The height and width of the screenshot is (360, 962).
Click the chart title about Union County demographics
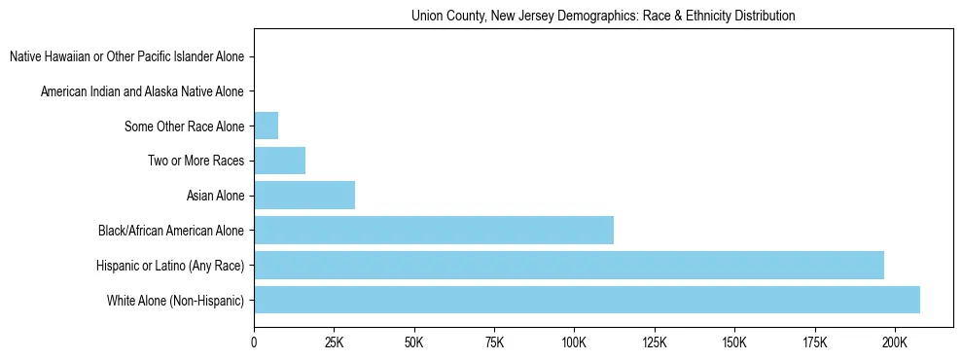click(x=603, y=17)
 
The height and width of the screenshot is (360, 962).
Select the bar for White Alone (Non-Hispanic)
click(x=587, y=300)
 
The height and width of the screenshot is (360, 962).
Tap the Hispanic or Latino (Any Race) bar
click(x=569, y=265)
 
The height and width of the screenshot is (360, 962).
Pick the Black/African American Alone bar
click(x=434, y=230)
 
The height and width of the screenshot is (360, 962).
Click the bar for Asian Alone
click(x=304, y=195)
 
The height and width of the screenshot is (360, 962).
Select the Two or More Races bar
click(x=280, y=161)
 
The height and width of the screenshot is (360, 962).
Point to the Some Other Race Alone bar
click(x=267, y=126)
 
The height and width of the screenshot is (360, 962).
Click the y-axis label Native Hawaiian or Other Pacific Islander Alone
click(x=127, y=56)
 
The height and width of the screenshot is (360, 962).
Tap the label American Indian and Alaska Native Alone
click(x=143, y=91)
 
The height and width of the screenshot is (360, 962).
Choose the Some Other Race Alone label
click(x=185, y=126)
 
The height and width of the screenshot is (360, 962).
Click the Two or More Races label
click(x=196, y=161)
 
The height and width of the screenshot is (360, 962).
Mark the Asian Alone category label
click(x=216, y=196)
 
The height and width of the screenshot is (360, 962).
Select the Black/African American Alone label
click(x=171, y=231)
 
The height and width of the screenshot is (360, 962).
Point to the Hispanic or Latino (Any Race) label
click(x=170, y=266)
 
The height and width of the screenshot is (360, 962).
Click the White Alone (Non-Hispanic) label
click(x=176, y=301)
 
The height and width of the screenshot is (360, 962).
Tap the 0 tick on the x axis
click(x=254, y=343)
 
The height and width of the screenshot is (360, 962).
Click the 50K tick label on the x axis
click(x=414, y=343)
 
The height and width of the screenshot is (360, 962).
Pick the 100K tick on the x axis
click(x=574, y=343)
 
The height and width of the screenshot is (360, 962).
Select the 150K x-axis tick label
click(x=734, y=343)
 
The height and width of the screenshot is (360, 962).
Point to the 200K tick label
click(x=894, y=343)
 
